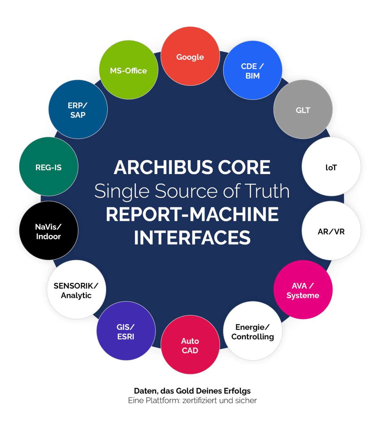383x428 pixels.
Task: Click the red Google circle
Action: [190, 56]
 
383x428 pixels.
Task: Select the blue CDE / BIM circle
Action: [253, 70]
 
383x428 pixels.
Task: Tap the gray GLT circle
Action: [303, 109]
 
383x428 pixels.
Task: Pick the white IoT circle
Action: [331, 167]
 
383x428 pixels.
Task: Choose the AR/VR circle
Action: [331, 231]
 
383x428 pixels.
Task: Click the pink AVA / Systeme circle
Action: [303, 290]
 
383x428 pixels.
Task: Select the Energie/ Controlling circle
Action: [253, 331]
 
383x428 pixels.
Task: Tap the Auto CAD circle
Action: [190, 345]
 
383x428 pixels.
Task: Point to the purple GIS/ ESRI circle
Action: [126, 331]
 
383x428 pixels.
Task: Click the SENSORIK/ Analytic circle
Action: [76, 290]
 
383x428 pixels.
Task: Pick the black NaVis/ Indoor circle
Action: [49, 231]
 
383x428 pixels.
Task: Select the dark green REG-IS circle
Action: [49, 167]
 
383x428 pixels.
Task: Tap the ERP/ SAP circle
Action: [78, 109]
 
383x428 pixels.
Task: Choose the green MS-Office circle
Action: [128, 70]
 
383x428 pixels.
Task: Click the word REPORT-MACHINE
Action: [192, 214]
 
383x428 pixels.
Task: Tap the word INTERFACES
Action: [192, 238]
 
